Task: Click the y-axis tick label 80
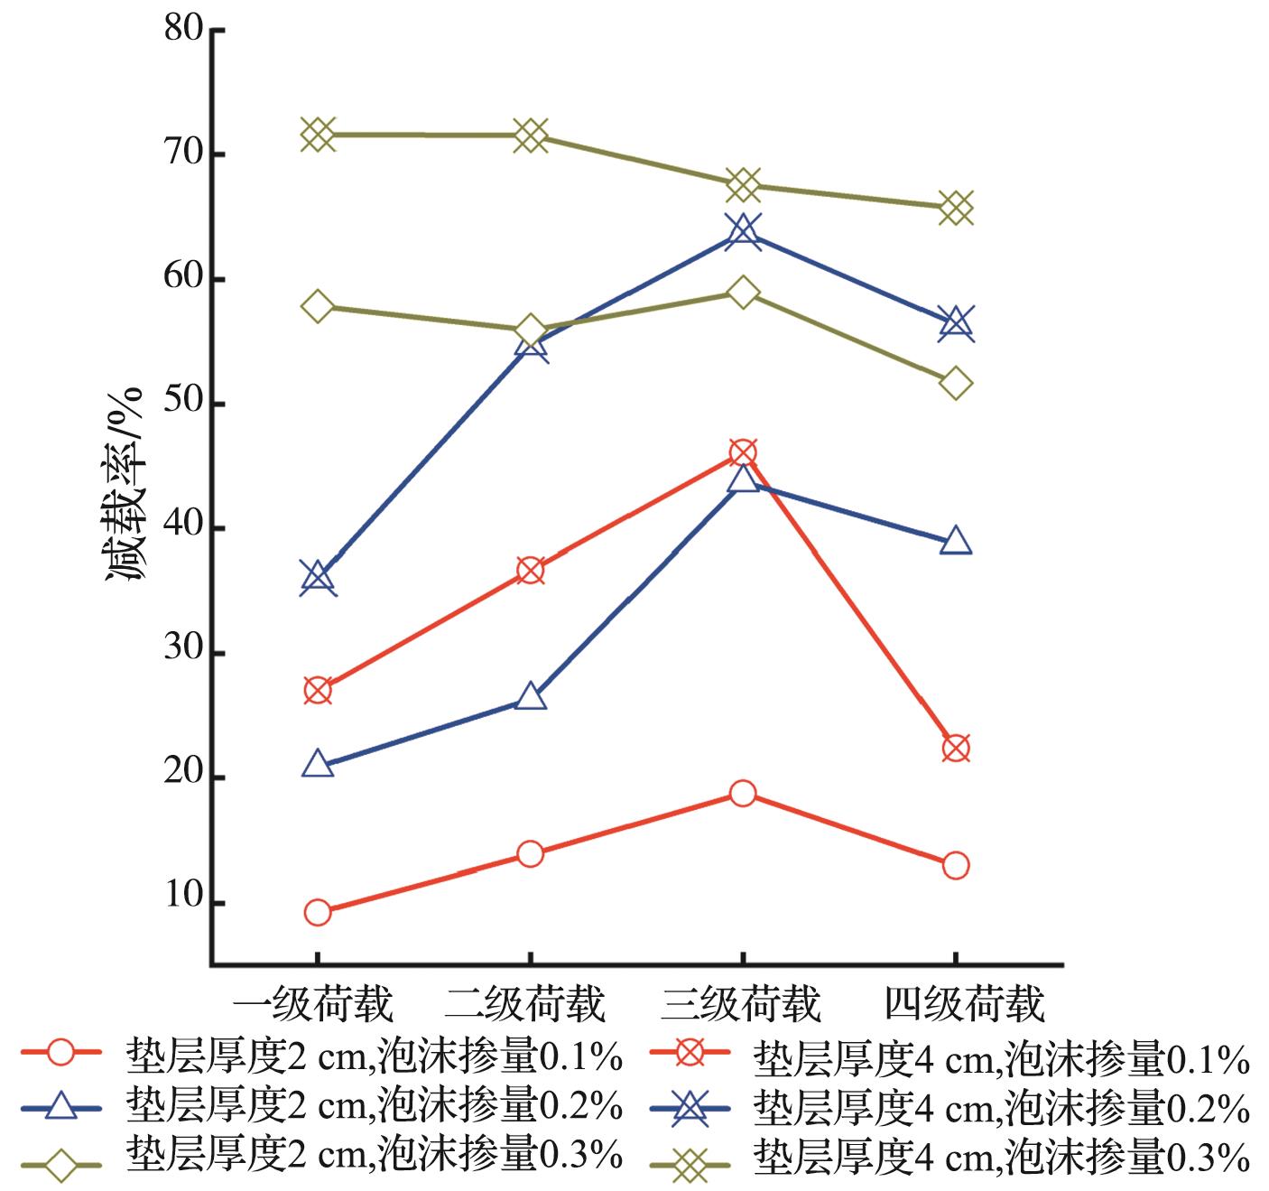(184, 30)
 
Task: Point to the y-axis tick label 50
(184, 404)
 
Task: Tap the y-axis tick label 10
(184, 901)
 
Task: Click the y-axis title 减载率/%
(125, 485)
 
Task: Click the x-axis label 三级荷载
(740, 1004)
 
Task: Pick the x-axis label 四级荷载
(963, 1004)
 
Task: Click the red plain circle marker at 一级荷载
(318, 913)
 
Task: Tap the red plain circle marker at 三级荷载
(743, 794)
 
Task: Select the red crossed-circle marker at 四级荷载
(956, 749)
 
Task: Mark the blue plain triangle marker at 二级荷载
(531, 698)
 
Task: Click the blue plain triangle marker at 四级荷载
(956, 542)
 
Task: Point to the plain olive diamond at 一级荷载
(318, 306)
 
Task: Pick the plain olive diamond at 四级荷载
(956, 384)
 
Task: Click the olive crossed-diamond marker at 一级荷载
(318, 135)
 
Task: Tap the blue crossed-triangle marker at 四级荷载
(956, 322)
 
